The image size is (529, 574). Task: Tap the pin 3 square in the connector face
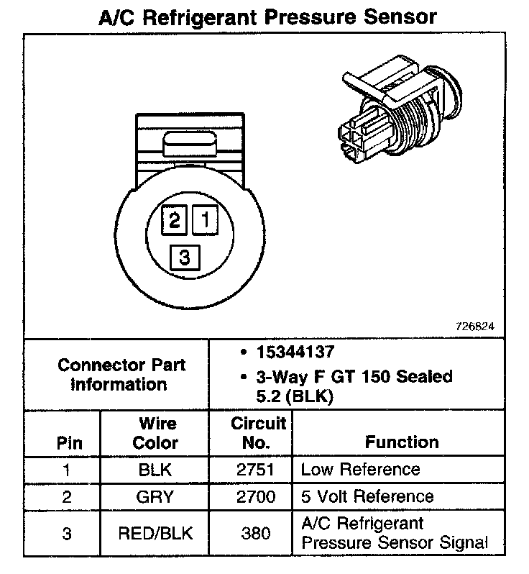[185, 257]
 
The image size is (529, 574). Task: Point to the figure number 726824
[475, 326]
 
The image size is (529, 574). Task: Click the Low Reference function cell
[360, 470]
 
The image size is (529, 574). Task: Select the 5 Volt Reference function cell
[367, 497]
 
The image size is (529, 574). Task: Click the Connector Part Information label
[121, 374]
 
